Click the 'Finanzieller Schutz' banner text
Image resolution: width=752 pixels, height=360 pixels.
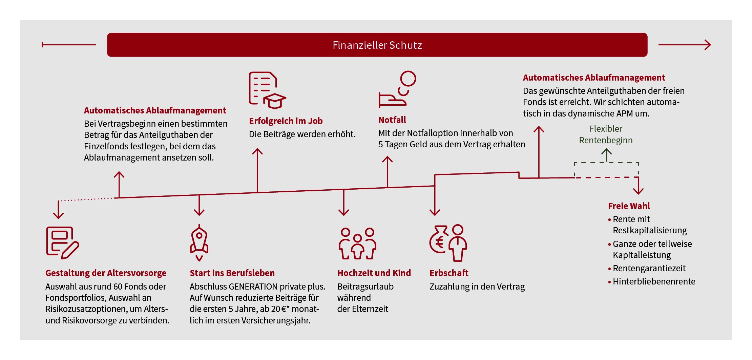pyautogui.click(x=377, y=45)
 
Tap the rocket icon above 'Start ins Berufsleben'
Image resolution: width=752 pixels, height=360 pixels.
pyautogui.click(x=199, y=242)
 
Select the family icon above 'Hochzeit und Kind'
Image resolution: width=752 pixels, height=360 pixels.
pyautogui.click(x=357, y=243)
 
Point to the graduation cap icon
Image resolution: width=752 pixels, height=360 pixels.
pyautogui.click(x=275, y=101)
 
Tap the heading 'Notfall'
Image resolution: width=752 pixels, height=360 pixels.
pyautogui.click(x=392, y=120)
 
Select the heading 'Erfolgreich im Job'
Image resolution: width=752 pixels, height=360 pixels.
pyautogui.click(x=286, y=121)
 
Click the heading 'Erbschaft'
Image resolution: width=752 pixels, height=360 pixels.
pyautogui.click(x=449, y=273)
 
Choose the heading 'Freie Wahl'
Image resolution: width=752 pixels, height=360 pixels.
pyautogui.click(x=629, y=206)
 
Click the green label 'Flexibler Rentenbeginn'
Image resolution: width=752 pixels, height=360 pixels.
pyautogui.click(x=606, y=134)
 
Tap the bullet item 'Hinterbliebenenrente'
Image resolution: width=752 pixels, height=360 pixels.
pyautogui.click(x=654, y=281)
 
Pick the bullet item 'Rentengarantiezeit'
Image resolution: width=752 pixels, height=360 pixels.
pyautogui.click(x=649, y=268)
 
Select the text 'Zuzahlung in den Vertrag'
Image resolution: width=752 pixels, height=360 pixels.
pyautogui.click(x=477, y=287)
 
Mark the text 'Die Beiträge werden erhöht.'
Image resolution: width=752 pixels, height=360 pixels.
pyautogui.click(x=302, y=134)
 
